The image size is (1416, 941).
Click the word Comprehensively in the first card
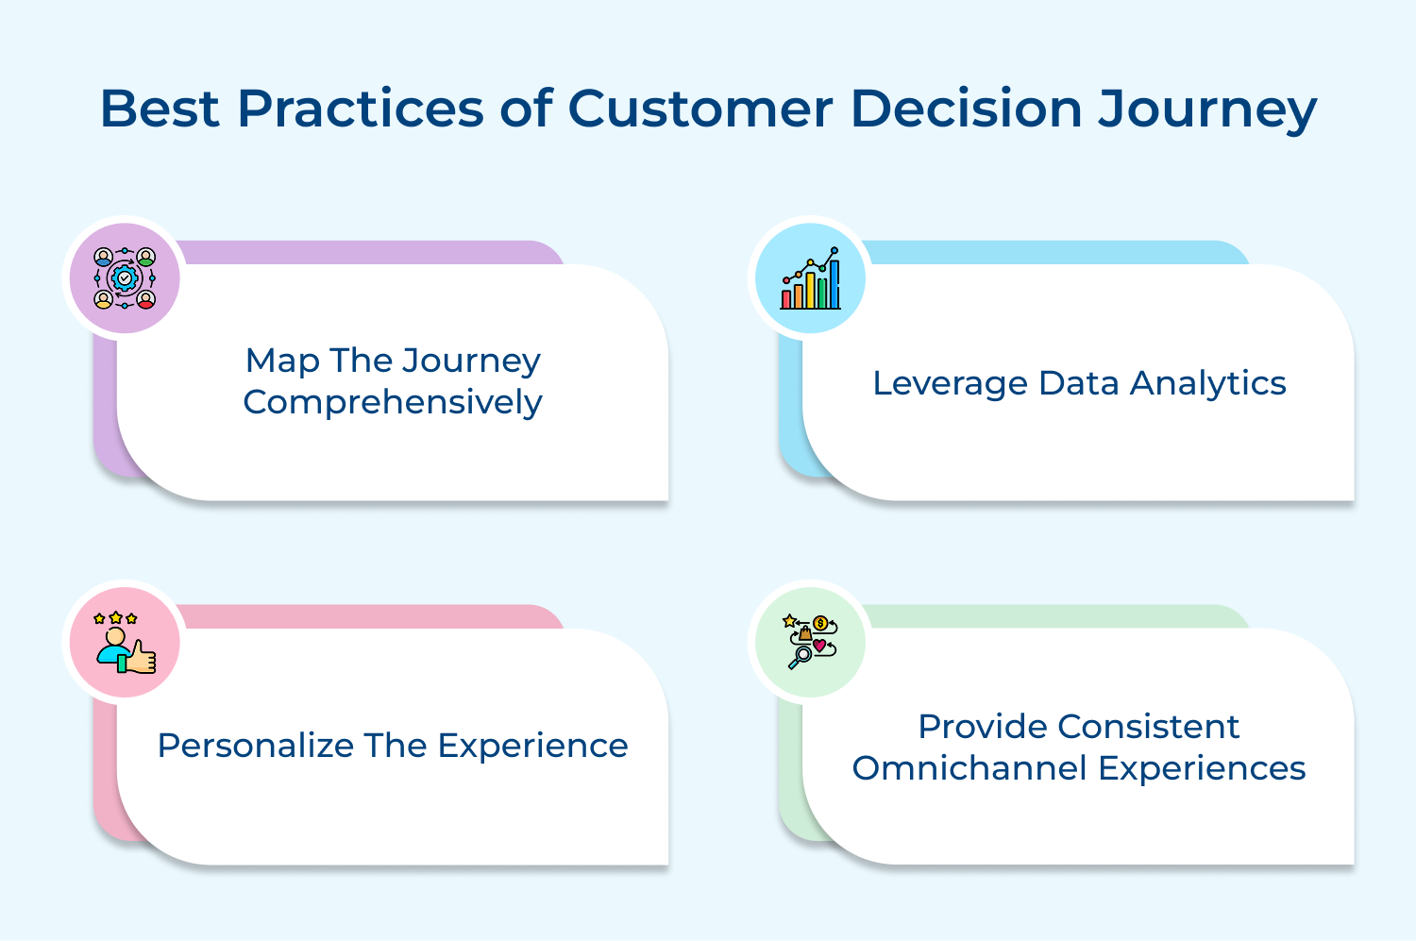pos(393,402)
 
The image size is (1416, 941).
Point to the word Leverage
pos(950,383)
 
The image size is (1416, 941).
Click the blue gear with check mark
pos(125,278)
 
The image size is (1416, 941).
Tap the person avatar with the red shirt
pos(146,299)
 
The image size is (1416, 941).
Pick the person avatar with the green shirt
pos(146,257)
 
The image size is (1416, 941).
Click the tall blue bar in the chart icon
pos(834,284)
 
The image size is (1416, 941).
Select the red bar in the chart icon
pos(786,299)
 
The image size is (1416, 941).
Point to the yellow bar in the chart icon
pos(810,290)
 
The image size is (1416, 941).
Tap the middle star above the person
pos(116,617)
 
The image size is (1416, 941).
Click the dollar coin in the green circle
pos(820,623)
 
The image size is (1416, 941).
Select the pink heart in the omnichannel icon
pos(819,646)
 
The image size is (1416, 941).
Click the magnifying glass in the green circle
pos(803,654)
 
